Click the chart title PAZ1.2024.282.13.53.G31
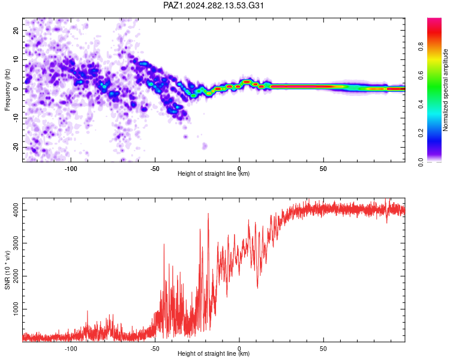click(213, 5)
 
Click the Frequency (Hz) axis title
click(7, 90)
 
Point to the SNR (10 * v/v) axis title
click(7, 270)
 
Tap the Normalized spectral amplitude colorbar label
click(445, 90)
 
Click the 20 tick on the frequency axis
click(16, 30)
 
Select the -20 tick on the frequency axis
click(16, 147)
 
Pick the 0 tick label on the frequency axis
click(16, 89)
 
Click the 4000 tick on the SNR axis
click(16, 210)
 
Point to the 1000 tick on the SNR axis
click(16, 309)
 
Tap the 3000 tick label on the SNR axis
click(16, 243)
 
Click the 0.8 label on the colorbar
click(421, 47)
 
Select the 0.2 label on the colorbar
click(421, 133)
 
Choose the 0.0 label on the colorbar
click(421, 162)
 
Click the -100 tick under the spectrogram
click(71, 169)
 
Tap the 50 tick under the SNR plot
click(323, 349)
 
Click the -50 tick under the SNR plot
click(155, 349)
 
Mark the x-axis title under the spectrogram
click(214, 173)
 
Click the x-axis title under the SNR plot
click(214, 353)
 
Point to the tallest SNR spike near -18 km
click(208, 214)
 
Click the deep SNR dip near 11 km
click(257, 287)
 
